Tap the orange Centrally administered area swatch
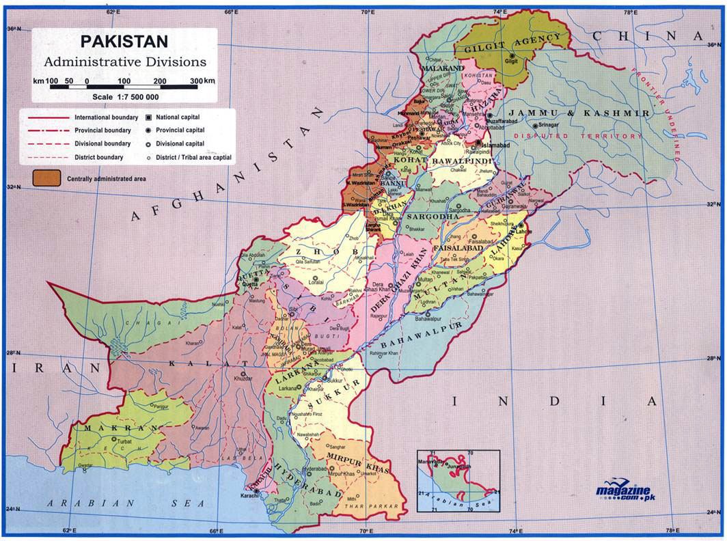coord(45,178)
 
